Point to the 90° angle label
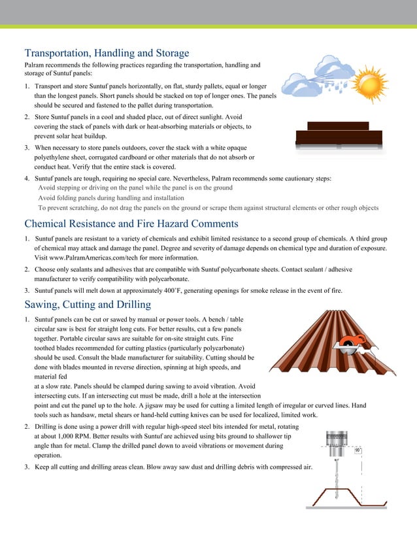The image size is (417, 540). (x=357, y=450)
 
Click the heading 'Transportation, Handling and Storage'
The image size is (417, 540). (x=107, y=52)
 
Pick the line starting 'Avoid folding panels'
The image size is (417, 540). (x=111, y=197)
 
